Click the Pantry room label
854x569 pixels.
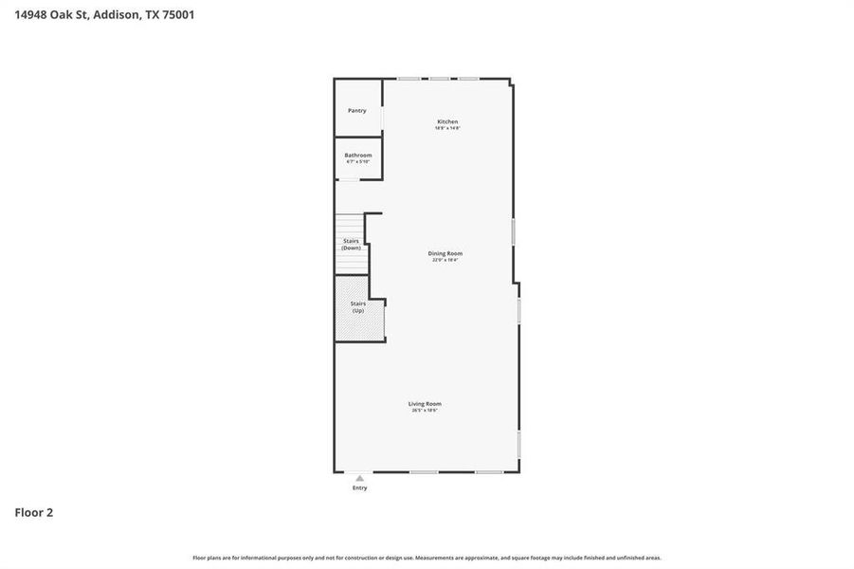[x=356, y=110]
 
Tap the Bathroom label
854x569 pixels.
[x=357, y=155]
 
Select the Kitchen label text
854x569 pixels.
[x=447, y=121]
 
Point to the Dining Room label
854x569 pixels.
[x=445, y=253]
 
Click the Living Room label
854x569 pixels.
[x=427, y=403]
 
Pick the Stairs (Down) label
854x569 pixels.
[x=351, y=244]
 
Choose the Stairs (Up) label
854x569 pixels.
[x=357, y=306]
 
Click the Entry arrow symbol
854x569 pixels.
[x=359, y=478]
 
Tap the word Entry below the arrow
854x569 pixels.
[x=359, y=487]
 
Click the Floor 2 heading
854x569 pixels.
[x=34, y=512]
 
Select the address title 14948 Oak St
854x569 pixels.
[x=52, y=14]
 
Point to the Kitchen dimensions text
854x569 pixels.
[x=447, y=128]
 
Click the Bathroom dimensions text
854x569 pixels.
[x=357, y=161]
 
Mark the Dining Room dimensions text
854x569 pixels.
[x=445, y=260]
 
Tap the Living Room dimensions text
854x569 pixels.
[x=427, y=411]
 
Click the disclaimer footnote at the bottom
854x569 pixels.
[x=427, y=558]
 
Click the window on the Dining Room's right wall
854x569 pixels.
[x=513, y=232]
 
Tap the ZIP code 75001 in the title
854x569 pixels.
[x=177, y=14]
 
